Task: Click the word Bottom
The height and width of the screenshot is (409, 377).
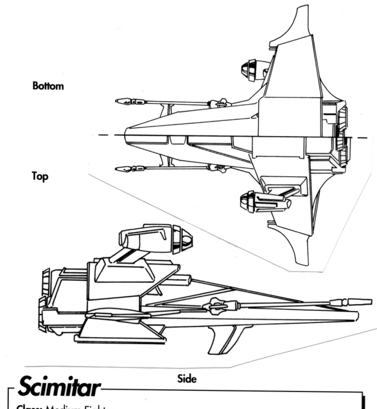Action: coord(48,87)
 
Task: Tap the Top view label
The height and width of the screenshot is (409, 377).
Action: coord(41,177)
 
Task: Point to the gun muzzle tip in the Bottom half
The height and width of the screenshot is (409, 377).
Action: coord(118,102)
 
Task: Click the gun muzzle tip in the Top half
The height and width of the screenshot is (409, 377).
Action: coord(118,169)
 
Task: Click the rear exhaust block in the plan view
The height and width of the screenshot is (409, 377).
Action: coord(341,135)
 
